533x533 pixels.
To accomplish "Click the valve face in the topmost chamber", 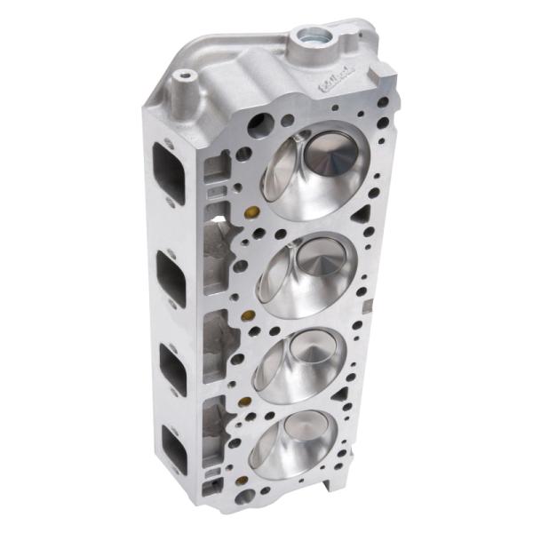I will point(331,161).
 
